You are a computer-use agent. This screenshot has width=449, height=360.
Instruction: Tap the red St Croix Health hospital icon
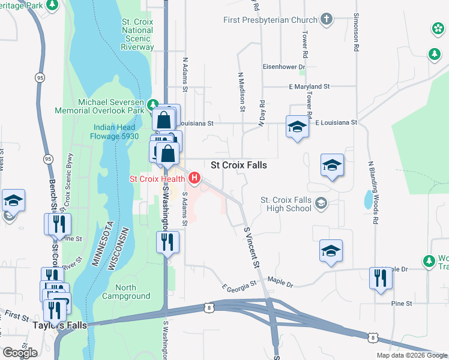point(194,178)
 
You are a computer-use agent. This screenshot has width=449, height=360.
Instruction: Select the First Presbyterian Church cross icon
point(327,19)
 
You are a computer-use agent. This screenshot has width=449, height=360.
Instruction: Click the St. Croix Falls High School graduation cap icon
point(321,205)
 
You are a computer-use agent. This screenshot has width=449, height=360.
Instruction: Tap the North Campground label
point(126,292)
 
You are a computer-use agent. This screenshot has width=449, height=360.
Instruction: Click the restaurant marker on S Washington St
point(167,242)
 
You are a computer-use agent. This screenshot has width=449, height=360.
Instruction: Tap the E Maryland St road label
point(309,87)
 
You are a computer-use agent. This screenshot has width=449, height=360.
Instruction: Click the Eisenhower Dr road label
point(284,67)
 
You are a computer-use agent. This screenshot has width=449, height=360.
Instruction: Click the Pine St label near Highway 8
point(401,304)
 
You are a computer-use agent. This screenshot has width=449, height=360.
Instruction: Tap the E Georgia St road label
point(240,282)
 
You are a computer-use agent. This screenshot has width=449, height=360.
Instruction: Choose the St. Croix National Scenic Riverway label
point(137,34)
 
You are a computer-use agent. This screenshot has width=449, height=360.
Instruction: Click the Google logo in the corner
point(20,353)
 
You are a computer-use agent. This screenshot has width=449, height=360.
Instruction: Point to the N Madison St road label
point(241,92)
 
